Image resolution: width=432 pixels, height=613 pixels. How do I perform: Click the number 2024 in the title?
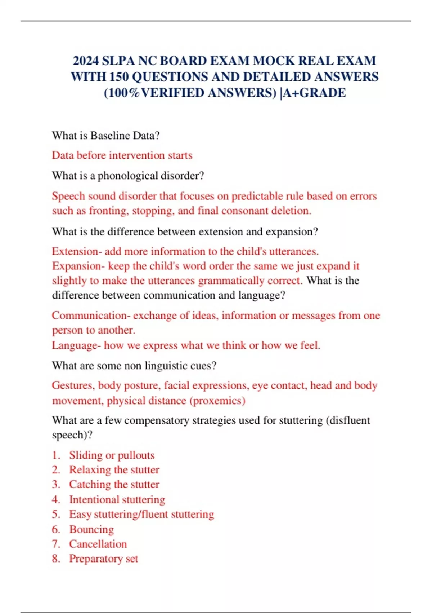coord(86,61)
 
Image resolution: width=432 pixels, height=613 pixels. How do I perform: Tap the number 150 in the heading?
coord(119,77)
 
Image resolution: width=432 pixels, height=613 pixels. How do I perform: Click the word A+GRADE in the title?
coord(314,93)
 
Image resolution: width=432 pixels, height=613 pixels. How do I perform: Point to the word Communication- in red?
coord(91,316)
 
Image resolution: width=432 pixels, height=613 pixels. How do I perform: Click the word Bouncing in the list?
coord(91,529)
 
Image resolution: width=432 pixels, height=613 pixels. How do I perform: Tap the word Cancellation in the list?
coord(98,544)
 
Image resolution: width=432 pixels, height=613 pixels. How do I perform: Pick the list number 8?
coord(56,559)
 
